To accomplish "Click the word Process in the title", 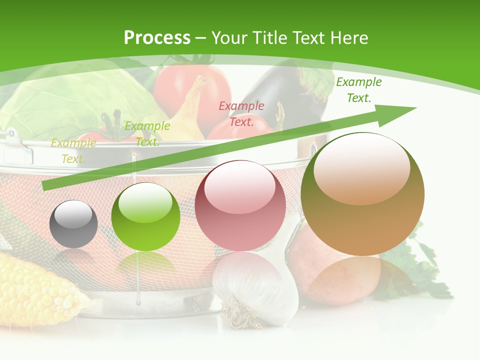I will point(157,37).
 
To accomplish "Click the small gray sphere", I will point(73,224).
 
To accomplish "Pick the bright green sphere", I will point(145,216).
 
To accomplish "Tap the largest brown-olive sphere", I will point(362,194).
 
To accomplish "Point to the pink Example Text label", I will point(241,113).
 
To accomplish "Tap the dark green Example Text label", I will point(359,90).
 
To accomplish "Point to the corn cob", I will point(35,290).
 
